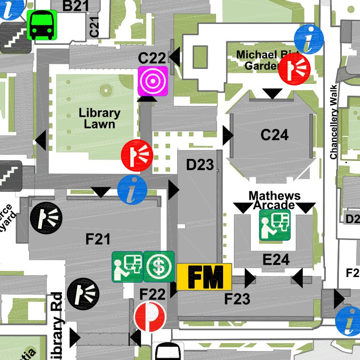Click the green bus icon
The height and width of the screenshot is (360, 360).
coord(42,25)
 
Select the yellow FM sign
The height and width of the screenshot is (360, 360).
coord(204,277)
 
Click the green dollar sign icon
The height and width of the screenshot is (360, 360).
coord(159,266)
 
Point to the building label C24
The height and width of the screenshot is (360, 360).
coord(274,135)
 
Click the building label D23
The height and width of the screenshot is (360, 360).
coord(200,165)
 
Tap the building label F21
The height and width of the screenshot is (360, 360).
coord(98,240)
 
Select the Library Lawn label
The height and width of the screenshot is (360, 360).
coord(99,118)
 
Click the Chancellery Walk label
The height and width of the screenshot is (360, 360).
coord(333,122)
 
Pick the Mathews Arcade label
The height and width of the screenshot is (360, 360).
coord(274,200)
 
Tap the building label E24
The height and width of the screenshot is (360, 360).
coord(276,259)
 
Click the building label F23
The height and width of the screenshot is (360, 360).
coord(237,299)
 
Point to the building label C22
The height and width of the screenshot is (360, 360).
coord(152,58)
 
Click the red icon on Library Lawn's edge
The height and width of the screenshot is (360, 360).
coord(137,155)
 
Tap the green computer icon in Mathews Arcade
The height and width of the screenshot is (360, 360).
coord(275,225)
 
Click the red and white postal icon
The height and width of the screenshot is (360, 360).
coord(150,316)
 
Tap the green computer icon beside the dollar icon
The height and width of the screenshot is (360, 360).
coord(127,266)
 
